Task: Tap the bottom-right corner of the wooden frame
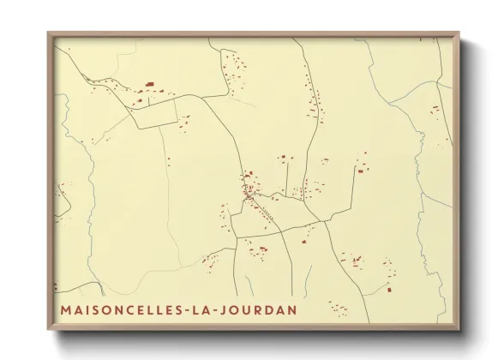pyautogui.click(x=458, y=328)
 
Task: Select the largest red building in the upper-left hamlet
pyautogui.click(x=149, y=84)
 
